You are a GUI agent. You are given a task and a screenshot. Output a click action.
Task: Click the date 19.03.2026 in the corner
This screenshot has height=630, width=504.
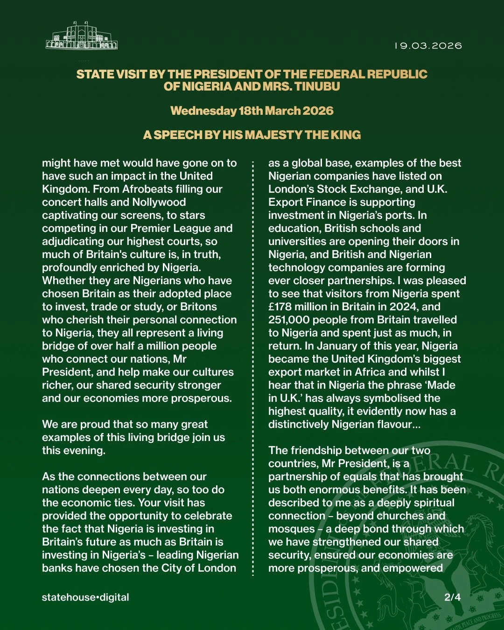pyautogui.click(x=428, y=46)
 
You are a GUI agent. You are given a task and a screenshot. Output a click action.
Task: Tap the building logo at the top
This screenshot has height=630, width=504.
pyautogui.click(x=82, y=35)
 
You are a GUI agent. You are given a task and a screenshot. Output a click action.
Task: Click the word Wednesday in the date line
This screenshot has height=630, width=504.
pyautogui.click(x=203, y=111)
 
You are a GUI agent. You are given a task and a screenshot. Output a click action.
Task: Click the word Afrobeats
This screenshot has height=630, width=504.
pyautogui.click(x=149, y=189)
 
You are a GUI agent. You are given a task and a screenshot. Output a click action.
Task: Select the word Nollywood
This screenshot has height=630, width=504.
pyautogui.click(x=159, y=202)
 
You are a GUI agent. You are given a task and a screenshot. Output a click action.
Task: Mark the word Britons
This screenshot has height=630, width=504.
pyautogui.click(x=198, y=307)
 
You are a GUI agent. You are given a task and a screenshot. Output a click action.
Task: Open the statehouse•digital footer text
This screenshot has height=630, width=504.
pyautogui.click(x=85, y=597)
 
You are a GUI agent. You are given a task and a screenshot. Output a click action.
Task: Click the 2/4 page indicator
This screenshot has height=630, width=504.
pyautogui.click(x=452, y=597)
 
